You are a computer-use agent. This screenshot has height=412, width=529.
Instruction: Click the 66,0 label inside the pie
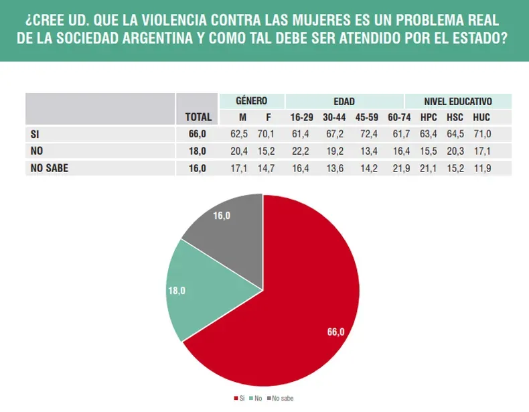[335, 332]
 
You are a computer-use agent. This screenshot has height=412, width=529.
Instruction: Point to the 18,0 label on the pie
[176, 291]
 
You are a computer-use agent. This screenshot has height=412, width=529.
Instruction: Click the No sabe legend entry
[281, 399]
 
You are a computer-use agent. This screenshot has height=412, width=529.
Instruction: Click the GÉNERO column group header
[251, 101]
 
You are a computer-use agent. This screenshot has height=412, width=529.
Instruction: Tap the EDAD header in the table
[344, 101]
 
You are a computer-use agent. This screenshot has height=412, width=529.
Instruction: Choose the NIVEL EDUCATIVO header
[458, 101]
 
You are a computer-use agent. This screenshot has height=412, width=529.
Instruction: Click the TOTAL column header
[198, 117]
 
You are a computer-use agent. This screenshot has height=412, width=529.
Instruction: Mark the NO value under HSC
[455, 151]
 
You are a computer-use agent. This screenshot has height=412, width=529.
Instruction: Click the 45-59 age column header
[366, 117]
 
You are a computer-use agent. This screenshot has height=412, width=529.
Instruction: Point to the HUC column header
[481, 117]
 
